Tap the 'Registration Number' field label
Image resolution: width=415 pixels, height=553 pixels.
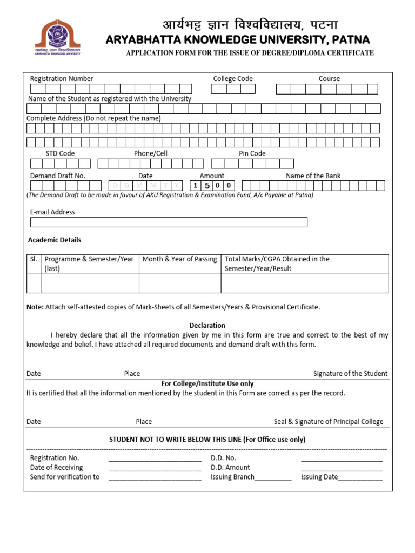point(62,79)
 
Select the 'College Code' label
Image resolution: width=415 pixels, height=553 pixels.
point(233,79)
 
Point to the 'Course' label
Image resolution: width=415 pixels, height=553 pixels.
point(329,79)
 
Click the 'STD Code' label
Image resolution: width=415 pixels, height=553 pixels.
point(60,154)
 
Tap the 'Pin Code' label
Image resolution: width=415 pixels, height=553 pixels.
point(252,154)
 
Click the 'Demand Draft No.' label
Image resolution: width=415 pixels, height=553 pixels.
point(58,176)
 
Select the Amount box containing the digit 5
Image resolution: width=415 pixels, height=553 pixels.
point(206,186)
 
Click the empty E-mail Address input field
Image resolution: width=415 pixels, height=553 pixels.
point(169,222)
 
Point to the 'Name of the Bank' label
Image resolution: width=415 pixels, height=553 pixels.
point(313,176)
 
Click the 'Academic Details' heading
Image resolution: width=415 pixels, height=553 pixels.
point(55,240)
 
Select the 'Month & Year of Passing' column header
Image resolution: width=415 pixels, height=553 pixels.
point(179,259)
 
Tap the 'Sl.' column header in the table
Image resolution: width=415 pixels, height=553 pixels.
point(34,259)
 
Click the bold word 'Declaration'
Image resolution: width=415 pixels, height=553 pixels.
point(207,326)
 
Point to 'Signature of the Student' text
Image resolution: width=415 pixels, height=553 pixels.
point(350,374)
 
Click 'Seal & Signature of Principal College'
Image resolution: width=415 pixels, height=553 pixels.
point(329,422)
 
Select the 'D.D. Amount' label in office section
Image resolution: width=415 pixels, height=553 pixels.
point(230,468)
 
